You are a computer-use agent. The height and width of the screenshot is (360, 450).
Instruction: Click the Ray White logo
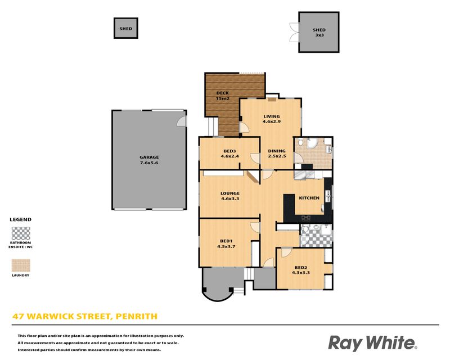[x=372, y=343]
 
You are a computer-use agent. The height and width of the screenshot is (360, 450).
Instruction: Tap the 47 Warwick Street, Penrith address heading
[x=85, y=316]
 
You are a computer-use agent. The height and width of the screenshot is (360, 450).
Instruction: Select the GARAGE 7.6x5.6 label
[x=149, y=160]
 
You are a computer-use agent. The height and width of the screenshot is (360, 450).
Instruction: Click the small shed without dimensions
[x=125, y=28]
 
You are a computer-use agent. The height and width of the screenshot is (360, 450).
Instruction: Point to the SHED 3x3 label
[x=319, y=33]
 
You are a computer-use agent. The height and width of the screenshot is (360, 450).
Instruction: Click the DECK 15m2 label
[x=222, y=96]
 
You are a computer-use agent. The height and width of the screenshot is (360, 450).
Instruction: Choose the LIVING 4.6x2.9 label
[x=272, y=119]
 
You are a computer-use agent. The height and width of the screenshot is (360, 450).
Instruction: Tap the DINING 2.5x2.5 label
[x=277, y=154]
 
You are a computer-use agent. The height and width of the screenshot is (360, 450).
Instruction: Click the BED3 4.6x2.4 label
[x=229, y=154]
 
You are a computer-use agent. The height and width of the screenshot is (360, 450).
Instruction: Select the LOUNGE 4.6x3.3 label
[x=230, y=196]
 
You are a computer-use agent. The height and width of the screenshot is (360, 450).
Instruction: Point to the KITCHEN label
[x=309, y=198]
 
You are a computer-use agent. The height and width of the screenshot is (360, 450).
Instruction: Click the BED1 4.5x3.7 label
[x=226, y=244]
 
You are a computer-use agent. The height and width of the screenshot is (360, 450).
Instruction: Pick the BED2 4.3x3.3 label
[x=301, y=270]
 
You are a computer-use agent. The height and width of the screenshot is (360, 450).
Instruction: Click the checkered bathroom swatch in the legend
[x=21, y=233]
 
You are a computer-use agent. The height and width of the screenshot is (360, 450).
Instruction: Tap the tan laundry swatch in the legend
[x=21, y=265]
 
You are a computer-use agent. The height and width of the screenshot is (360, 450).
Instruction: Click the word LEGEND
[x=21, y=219]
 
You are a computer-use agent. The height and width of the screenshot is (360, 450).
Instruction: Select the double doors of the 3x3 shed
[x=294, y=33]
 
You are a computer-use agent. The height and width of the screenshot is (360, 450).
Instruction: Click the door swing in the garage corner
[x=182, y=121]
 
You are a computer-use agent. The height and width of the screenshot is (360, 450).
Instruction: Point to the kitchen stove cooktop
[x=305, y=218]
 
